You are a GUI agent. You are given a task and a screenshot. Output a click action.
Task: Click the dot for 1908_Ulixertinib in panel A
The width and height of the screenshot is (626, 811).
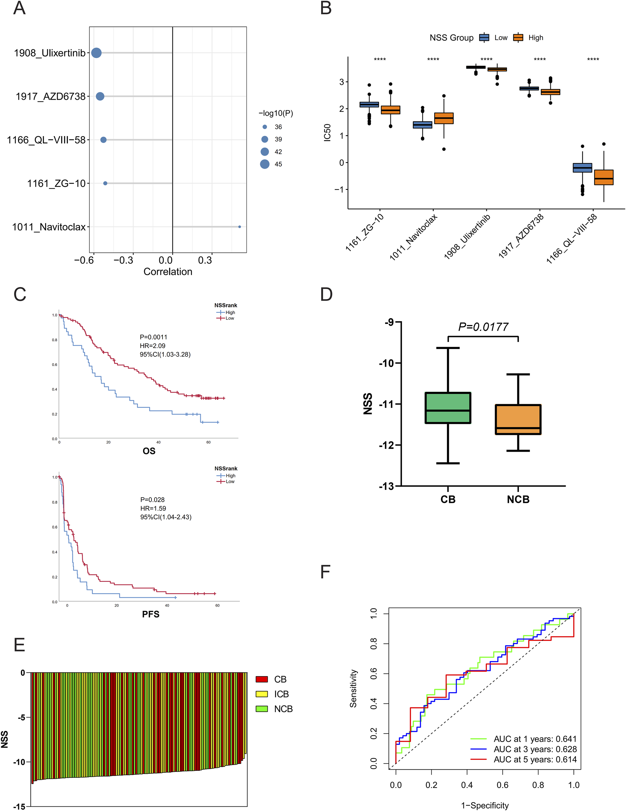pyautogui.click(x=96, y=53)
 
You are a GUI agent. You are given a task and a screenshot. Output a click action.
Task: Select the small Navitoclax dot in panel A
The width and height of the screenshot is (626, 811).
pyautogui.click(x=240, y=226)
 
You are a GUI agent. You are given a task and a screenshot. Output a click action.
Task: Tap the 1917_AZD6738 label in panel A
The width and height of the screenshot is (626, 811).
pyautogui.click(x=51, y=97)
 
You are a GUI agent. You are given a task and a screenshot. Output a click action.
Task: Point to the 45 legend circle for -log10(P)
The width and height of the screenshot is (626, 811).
pyautogui.click(x=265, y=164)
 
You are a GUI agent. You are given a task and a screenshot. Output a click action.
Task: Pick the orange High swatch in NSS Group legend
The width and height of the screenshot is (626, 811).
pyautogui.click(x=518, y=37)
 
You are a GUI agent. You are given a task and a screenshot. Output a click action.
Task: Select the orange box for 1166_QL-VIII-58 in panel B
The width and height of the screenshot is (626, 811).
pyautogui.click(x=604, y=177)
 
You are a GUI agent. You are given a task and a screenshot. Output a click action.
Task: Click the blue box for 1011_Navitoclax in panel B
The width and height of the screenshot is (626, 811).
pyautogui.click(x=423, y=125)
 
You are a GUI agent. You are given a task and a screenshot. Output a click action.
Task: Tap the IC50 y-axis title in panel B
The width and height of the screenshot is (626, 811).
pyautogui.click(x=327, y=133)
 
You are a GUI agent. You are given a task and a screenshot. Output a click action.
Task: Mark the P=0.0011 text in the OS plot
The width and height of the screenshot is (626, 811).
pyautogui.click(x=154, y=337)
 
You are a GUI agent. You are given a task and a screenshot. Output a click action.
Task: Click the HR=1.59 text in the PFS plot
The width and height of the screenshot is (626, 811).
pyautogui.click(x=153, y=508)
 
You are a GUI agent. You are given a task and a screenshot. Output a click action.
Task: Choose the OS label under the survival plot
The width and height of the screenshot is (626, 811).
pyautogui.click(x=149, y=451)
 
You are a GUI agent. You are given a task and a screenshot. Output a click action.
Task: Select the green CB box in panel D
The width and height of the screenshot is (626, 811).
pyautogui.click(x=448, y=408)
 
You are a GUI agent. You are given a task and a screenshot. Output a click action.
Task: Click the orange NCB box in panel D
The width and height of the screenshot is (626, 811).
pyautogui.click(x=518, y=419)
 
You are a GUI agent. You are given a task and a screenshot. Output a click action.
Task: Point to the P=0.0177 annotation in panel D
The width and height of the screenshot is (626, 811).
pyautogui.click(x=483, y=327)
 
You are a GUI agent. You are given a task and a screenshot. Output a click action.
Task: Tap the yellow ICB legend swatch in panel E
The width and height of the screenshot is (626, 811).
pyautogui.click(x=262, y=694)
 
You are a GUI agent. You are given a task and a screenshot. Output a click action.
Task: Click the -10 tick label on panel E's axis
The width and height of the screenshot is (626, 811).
pyautogui.click(x=19, y=762)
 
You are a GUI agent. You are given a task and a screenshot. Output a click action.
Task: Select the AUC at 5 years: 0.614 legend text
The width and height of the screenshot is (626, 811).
pyautogui.click(x=535, y=759)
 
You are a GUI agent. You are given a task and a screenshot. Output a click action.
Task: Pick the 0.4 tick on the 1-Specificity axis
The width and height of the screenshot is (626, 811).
pyautogui.click(x=467, y=785)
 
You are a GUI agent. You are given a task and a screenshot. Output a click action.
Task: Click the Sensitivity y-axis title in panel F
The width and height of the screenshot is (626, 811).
pyautogui.click(x=353, y=689)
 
